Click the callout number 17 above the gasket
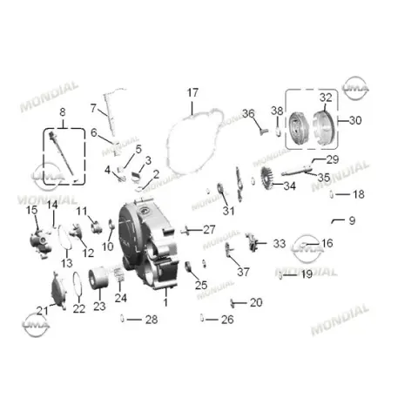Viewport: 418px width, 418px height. pos(192,93)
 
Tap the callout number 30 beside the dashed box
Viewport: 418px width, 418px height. pos(355,120)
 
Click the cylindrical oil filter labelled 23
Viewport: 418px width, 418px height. pos(98,278)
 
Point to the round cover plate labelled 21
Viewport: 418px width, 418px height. pos(58,290)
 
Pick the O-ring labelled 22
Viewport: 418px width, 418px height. pos(77,284)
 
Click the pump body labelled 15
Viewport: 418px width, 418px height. pos(40,243)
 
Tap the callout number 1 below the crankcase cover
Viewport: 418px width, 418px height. pos(165,302)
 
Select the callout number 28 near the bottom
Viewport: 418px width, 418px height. pos(152,320)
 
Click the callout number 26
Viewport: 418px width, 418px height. pos(227,320)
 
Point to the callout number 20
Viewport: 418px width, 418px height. pos(256,302)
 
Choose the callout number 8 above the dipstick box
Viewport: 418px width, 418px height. pos(63,112)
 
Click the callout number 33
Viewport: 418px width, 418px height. pos(280,244)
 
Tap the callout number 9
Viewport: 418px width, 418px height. pos(352,220)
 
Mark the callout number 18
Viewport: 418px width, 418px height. pos(359,194)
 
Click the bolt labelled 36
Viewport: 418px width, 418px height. pos(263,131)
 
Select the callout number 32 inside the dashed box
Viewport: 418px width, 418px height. pos(326,98)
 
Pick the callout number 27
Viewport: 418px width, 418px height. pos(209,230)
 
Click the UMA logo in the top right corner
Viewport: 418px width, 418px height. pos(355,88)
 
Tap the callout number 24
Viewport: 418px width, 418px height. pos(120,298)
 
